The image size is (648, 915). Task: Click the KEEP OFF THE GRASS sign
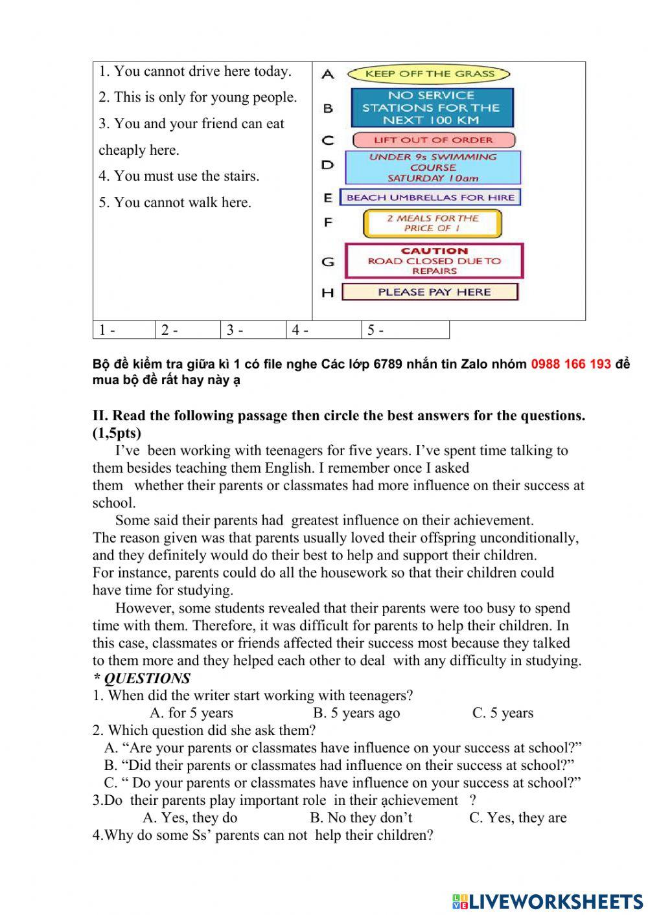(x=429, y=74)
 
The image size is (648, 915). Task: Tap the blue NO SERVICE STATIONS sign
(x=432, y=107)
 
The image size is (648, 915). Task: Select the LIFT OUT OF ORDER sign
(x=434, y=140)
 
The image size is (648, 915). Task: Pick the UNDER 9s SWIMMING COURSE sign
(x=433, y=167)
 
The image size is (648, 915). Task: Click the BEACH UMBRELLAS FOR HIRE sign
(x=430, y=197)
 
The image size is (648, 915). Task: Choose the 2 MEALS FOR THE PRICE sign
(x=432, y=223)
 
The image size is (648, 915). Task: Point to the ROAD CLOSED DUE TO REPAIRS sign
(x=434, y=260)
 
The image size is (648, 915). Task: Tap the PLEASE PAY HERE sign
(x=430, y=292)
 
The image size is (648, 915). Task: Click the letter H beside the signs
(x=328, y=293)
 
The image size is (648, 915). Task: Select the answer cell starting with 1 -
(x=124, y=330)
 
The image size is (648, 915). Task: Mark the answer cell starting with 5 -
(x=404, y=330)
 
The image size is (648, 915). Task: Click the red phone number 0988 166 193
(x=571, y=364)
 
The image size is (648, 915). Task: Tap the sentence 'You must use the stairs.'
(x=179, y=176)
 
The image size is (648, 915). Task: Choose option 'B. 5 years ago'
(x=356, y=713)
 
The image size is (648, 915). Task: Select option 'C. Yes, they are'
(x=518, y=818)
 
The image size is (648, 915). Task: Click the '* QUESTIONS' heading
(x=142, y=678)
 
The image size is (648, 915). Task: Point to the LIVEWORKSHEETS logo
(x=547, y=901)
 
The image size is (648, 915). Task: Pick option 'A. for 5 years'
(x=191, y=713)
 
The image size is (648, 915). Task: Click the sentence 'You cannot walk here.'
(x=175, y=203)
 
